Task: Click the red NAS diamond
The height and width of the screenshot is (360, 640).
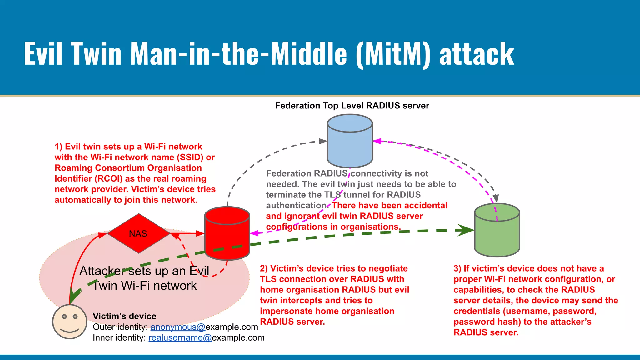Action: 138,233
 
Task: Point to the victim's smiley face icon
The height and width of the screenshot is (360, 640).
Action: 69,322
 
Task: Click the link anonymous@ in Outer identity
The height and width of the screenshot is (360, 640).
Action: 177,327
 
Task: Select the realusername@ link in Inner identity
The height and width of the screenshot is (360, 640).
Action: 180,338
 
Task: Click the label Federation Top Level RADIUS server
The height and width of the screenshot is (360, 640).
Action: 352,106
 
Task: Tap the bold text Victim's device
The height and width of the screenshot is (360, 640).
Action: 124,316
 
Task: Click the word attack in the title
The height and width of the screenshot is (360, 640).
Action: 477,54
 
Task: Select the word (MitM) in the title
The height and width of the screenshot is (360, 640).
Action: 393,54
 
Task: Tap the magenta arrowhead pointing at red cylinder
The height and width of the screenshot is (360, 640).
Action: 254,233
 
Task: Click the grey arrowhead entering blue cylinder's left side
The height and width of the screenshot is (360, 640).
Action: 322,141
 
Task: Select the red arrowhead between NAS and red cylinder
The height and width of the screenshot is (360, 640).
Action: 200,233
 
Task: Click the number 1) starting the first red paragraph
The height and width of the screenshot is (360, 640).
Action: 58,147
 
